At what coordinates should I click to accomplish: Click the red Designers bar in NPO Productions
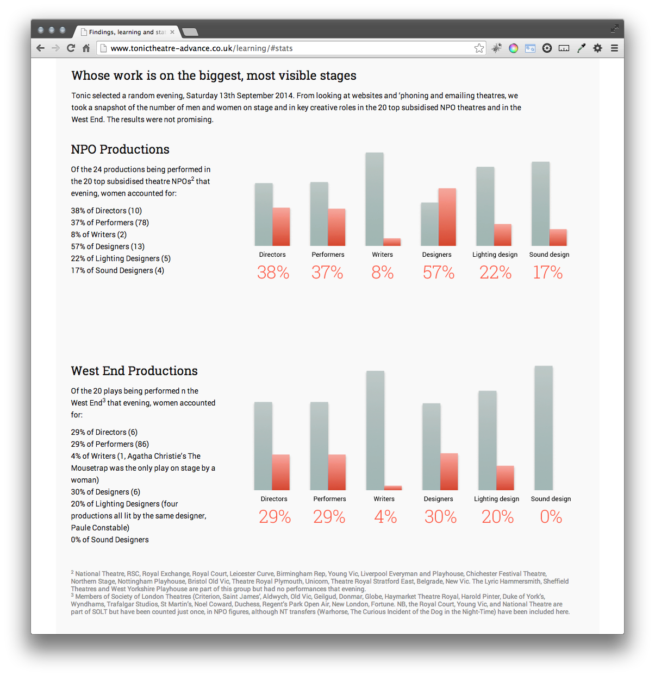447,217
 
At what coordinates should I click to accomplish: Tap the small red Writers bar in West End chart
392,488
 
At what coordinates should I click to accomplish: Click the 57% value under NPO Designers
439,273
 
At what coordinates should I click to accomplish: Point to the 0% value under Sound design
551,517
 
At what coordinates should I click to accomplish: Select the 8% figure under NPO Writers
383,273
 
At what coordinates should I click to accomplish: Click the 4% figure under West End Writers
385,517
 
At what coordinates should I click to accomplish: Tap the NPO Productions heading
120,149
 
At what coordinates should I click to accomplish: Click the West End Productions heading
134,371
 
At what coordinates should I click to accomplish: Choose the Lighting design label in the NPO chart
495,255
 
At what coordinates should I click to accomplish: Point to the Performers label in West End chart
329,499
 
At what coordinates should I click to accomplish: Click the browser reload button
71,48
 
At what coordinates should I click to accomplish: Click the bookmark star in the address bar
479,48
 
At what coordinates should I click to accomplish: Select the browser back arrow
40,48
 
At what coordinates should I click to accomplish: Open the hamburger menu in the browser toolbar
614,48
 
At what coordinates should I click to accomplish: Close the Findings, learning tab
172,32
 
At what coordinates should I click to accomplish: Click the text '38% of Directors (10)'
107,211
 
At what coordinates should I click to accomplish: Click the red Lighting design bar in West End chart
505,478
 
